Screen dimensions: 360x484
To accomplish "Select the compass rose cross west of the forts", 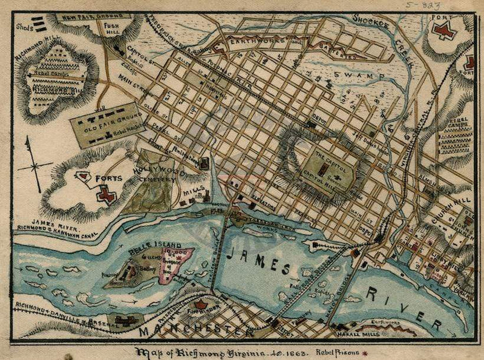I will coord(34,164).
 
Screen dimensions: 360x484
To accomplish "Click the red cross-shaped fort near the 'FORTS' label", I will coord(107,194).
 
